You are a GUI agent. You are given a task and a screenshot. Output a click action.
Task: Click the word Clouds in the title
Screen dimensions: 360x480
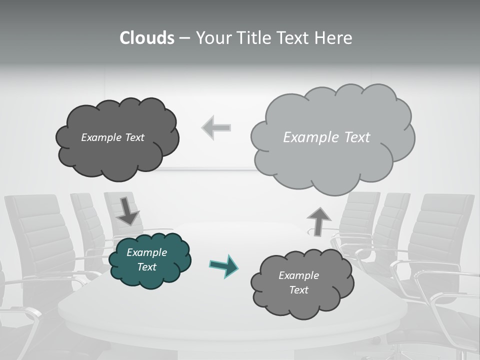pos(146,38)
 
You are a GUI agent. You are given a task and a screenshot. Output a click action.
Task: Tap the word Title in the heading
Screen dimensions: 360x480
pos(253,38)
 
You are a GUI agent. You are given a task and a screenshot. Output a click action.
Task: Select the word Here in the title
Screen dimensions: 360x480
pos(335,38)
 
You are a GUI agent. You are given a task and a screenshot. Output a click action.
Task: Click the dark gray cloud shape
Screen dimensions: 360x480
pos(117,155)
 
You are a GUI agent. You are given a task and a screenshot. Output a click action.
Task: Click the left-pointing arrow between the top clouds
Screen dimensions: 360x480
pos(216,127)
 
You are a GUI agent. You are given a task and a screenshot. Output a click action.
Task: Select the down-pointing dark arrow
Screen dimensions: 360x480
pos(128,211)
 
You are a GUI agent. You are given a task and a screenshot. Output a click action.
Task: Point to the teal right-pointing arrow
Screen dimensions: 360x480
pos(223,265)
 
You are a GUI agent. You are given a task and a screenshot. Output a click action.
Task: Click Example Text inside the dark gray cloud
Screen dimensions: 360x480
pos(112,137)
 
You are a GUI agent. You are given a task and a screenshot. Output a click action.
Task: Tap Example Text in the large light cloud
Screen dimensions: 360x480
pos(326,137)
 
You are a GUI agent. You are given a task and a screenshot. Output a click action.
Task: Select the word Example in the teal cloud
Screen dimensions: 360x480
pos(146,252)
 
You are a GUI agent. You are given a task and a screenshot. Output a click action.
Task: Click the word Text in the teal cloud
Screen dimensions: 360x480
pos(146,267)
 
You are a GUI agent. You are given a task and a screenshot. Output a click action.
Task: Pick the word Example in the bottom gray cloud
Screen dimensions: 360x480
pos(298,275)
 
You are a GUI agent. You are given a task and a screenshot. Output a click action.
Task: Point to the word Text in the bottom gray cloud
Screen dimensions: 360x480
pos(298,290)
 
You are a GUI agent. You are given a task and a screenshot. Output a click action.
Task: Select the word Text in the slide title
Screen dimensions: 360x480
pos(295,38)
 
